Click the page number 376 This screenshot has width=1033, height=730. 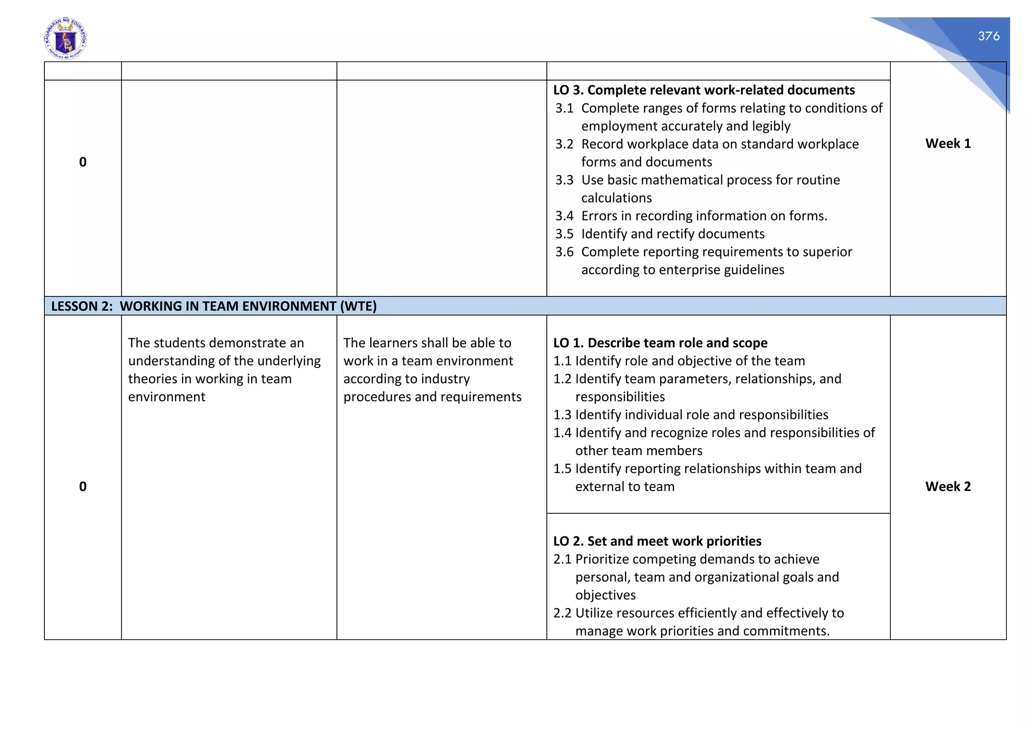[988, 36]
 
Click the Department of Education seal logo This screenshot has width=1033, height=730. [65, 39]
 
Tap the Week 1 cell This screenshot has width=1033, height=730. [948, 144]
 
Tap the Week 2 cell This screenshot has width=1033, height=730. [948, 486]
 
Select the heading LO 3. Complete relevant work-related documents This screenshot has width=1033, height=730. [704, 90]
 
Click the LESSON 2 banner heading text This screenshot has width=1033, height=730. [214, 307]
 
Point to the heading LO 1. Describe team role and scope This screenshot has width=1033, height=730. [660, 343]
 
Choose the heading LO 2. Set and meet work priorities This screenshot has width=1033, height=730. [657, 541]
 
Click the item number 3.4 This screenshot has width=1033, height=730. [564, 216]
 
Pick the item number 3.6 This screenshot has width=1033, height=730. [564, 252]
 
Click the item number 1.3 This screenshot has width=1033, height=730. [562, 415]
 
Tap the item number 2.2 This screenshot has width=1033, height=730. [562, 614]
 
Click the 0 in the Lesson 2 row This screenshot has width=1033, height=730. [83, 486]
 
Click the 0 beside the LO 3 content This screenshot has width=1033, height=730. [83, 162]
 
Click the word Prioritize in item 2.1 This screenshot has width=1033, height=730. [602, 560]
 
